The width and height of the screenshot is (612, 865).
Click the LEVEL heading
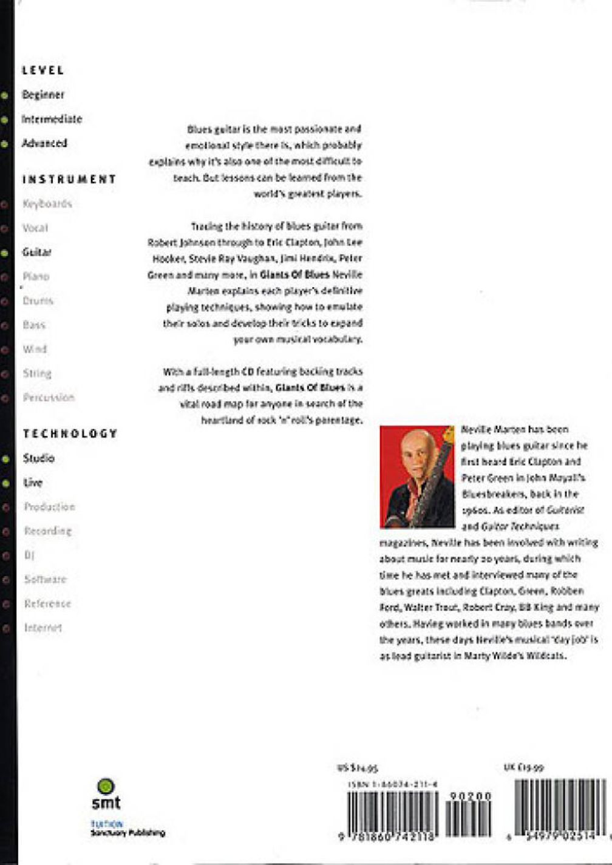[x=42, y=70]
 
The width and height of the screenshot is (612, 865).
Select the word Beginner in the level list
[x=42, y=95]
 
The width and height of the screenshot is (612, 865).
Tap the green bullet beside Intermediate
[x=5, y=120]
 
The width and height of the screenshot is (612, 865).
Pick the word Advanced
[x=44, y=143]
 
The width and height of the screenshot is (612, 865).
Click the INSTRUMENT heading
[x=69, y=179]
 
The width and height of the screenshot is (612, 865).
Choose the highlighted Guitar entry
[x=36, y=252]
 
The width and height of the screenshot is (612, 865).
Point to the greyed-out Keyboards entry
[x=47, y=203]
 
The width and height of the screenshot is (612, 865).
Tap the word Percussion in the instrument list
[x=49, y=398]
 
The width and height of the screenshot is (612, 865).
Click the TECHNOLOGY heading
[x=70, y=433]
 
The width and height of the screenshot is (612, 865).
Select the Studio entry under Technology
[x=38, y=458]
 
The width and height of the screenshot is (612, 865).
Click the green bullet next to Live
[x=5, y=483]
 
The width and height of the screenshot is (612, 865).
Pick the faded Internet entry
[x=42, y=628]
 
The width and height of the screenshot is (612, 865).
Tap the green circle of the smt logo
[x=106, y=785]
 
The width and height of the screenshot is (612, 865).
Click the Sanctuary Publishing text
[x=127, y=833]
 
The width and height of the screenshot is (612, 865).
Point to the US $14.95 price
[x=358, y=768]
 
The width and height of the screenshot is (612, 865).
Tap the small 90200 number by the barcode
[x=471, y=796]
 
